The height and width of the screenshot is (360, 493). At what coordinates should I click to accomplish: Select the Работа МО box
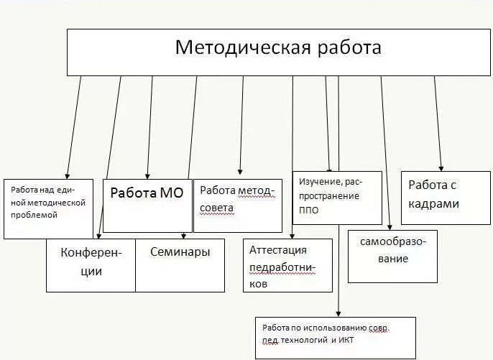click(147, 206)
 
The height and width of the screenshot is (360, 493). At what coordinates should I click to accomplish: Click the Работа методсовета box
click(239, 205)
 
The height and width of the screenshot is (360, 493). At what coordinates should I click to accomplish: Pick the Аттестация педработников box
click(287, 265)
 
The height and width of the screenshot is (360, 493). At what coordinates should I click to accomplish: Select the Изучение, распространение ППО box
click(336, 198)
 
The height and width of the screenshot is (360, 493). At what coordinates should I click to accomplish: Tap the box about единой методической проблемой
click(48, 208)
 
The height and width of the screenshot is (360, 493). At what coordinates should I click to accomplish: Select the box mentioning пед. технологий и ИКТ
click(335, 338)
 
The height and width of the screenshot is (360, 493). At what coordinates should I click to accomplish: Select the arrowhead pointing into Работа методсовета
click(240, 172)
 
